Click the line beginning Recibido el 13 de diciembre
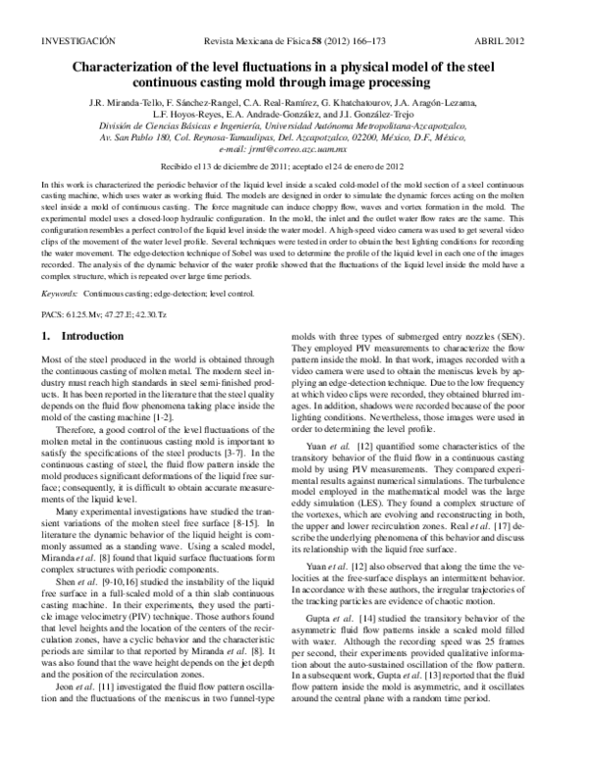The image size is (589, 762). [x=294, y=167]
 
